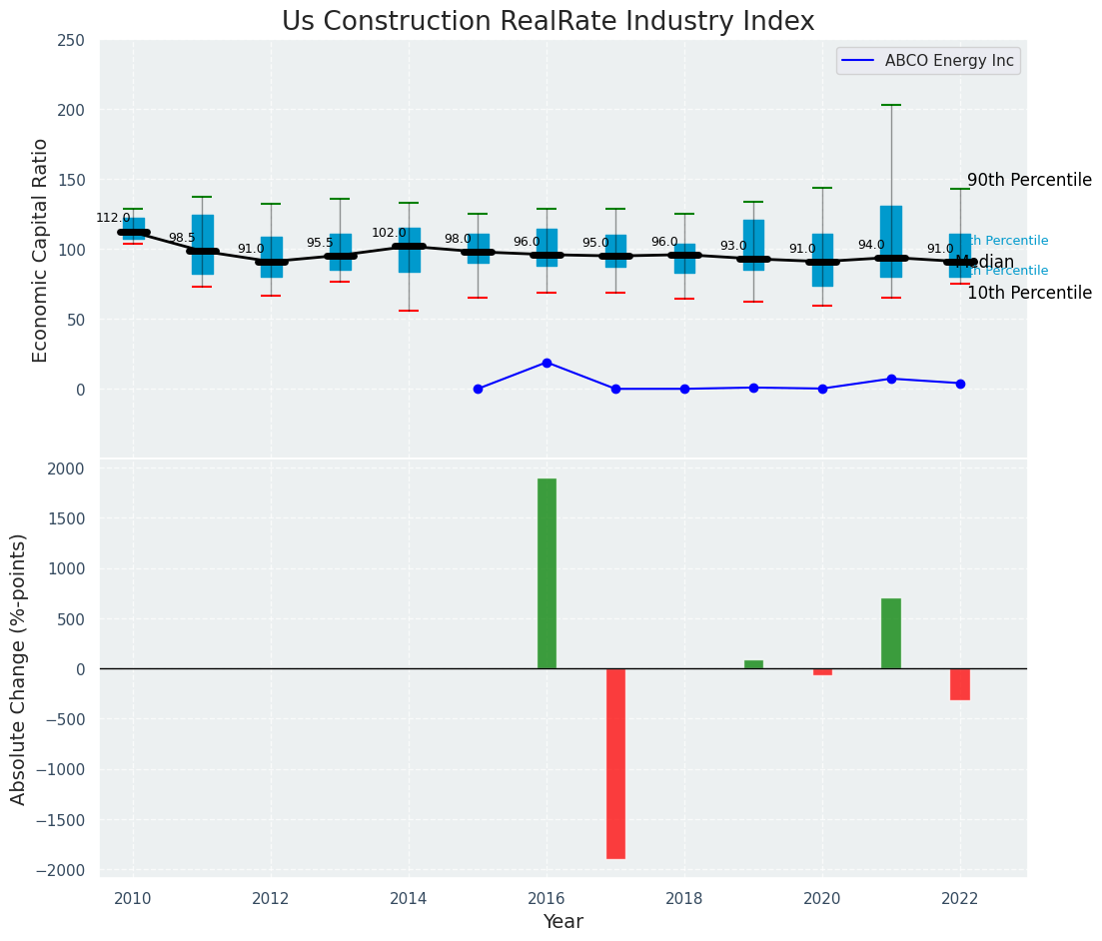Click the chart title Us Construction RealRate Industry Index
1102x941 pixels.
coord(548,22)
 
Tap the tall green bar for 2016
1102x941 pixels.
coord(547,573)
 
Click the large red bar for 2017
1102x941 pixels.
coord(615,763)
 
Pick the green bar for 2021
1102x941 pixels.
coord(891,633)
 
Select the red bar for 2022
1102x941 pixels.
coord(960,684)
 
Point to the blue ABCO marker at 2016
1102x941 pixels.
coord(547,363)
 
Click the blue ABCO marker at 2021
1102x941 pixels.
coord(891,379)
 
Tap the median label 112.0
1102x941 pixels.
coord(113,218)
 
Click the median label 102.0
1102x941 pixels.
coord(389,233)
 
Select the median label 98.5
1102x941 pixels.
coord(182,238)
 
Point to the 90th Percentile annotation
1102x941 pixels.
coord(1029,180)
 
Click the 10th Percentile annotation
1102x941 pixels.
coord(1029,293)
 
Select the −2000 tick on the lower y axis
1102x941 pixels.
coord(60,870)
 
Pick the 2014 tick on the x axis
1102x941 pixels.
coord(409,898)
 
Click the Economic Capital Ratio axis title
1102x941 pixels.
coord(41,250)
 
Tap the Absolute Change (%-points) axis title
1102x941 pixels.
coord(19,668)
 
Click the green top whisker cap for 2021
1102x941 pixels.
coord(891,105)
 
